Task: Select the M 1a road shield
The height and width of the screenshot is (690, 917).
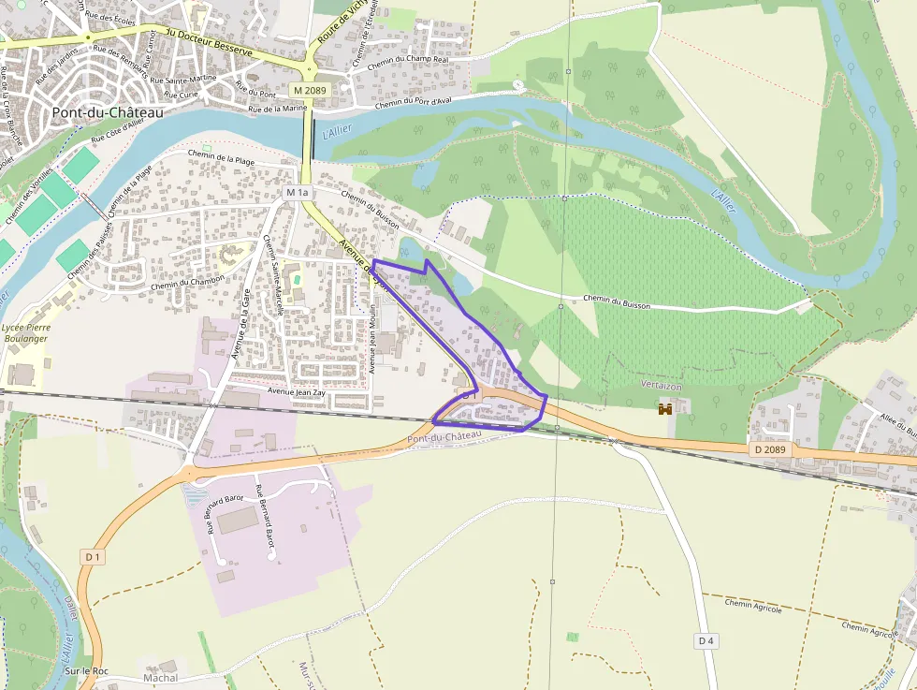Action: click(x=297, y=192)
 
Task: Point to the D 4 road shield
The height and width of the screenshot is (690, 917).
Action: click(x=706, y=640)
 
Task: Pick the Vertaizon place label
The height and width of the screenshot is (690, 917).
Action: click(x=662, y=386)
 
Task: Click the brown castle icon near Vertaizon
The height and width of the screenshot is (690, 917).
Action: click(x=666, y=409)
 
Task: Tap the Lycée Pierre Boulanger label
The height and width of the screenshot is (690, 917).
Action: click(x=25, y=332)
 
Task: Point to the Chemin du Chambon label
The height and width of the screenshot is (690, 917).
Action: click(x=187, y=282)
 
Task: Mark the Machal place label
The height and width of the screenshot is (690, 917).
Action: click(x=161, y=677)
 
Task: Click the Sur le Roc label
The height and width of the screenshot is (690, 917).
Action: click(x=87, y=671)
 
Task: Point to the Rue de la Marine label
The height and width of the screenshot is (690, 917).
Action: click(x=278, y=109)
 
